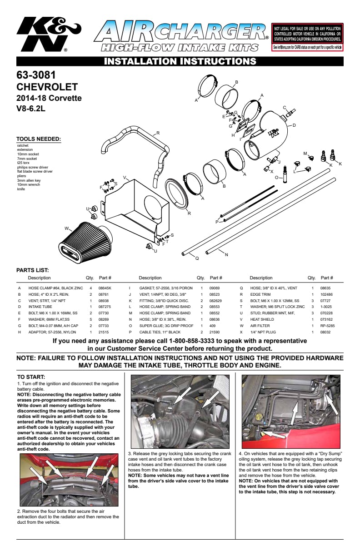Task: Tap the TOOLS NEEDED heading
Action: coord(39,139)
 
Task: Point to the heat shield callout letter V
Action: coord(124,177)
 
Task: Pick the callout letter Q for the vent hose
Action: coord(197,258)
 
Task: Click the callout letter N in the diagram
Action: coord(226,255)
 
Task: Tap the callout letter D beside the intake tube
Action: coord(294,125)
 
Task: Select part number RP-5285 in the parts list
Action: coord(327,326)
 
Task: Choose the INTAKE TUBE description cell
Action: coord(40,307)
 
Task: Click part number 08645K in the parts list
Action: coord(105,288)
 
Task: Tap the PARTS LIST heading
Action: coord(32,270)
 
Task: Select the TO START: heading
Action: coord(31,377)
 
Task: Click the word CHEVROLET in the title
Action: coord(47,87)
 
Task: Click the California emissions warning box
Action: coord(307,37)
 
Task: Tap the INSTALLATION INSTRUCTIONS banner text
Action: coord(180,61)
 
